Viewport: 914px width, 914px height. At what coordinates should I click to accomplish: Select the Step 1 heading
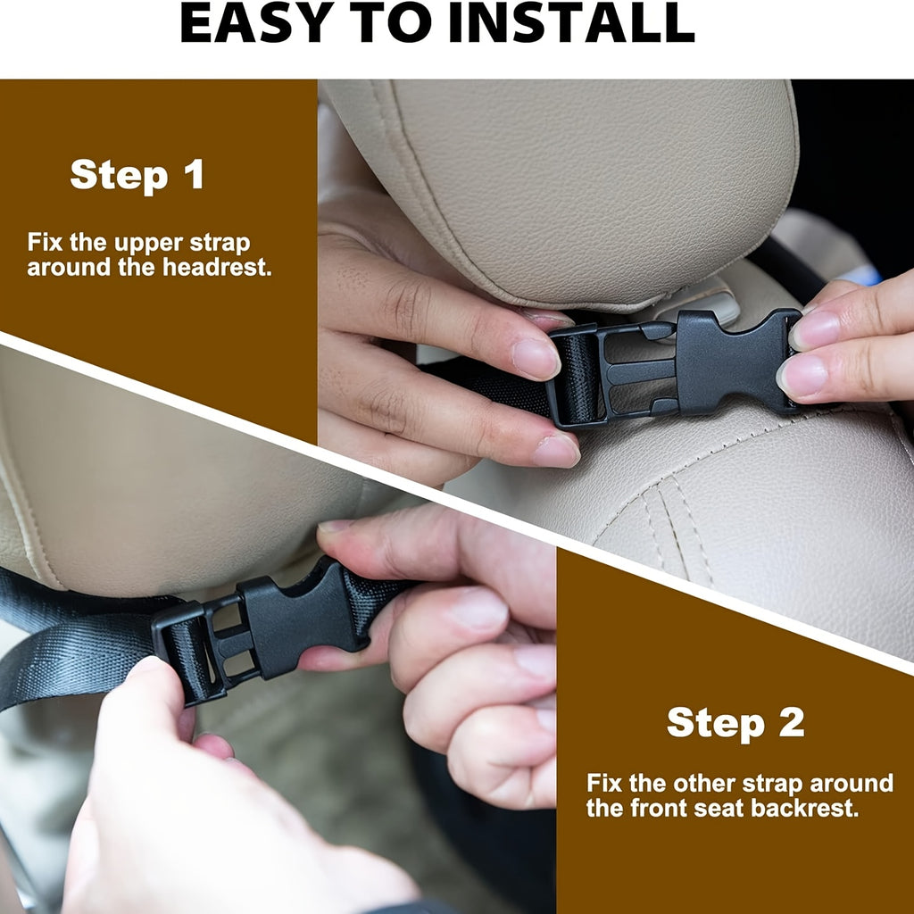[137, 174]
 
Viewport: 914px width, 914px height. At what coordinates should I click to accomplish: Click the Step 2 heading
[735, 723]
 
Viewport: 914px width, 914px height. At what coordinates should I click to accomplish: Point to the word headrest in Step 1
[217, 268]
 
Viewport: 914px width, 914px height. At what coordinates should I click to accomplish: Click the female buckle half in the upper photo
[737, 361]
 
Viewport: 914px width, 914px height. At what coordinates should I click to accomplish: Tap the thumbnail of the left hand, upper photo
[555, 450]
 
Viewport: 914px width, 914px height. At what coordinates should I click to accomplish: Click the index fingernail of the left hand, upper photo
[536, 358]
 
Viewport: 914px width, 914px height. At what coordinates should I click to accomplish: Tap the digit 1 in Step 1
[194, 174]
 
